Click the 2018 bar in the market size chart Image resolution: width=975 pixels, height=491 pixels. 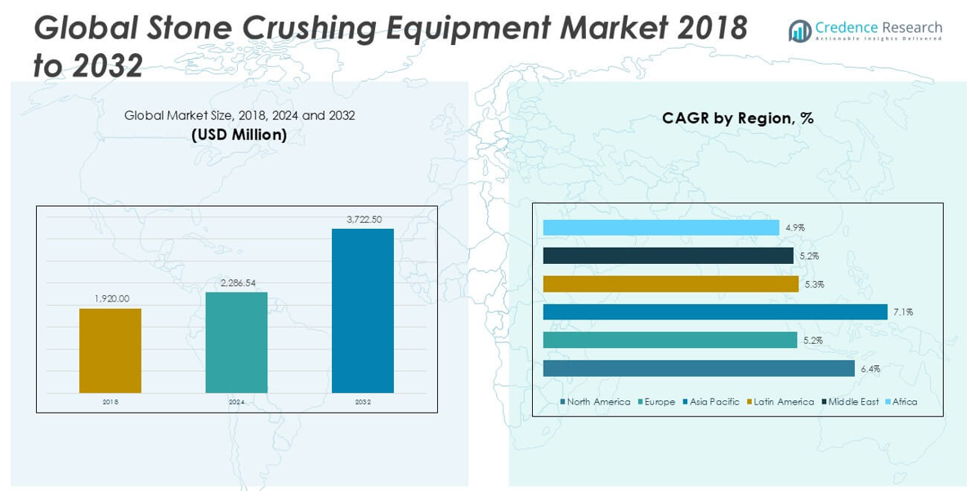coord(110,350)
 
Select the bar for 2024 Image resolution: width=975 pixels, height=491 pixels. coord(236,341)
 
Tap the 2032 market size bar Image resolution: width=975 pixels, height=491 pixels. coord(363,310)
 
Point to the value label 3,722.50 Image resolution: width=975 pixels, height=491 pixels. coord(363,219)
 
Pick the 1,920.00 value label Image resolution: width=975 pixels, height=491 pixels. coord(111,299)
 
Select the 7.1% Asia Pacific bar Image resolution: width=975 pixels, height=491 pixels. coord(715,312)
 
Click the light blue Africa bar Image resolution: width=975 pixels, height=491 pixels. coord(661,228)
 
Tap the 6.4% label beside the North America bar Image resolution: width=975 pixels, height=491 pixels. coord(870,369)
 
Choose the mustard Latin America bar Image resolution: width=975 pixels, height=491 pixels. coord(670,284)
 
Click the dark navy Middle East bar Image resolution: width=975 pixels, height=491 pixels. coord(668,257)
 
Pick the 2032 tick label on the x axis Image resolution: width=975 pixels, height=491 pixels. coord(363,402)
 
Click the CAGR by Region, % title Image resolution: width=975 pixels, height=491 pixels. coord(737,118)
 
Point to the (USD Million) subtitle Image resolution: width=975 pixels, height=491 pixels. coord(239,135)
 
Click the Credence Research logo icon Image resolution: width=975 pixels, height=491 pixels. coord(799,31)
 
